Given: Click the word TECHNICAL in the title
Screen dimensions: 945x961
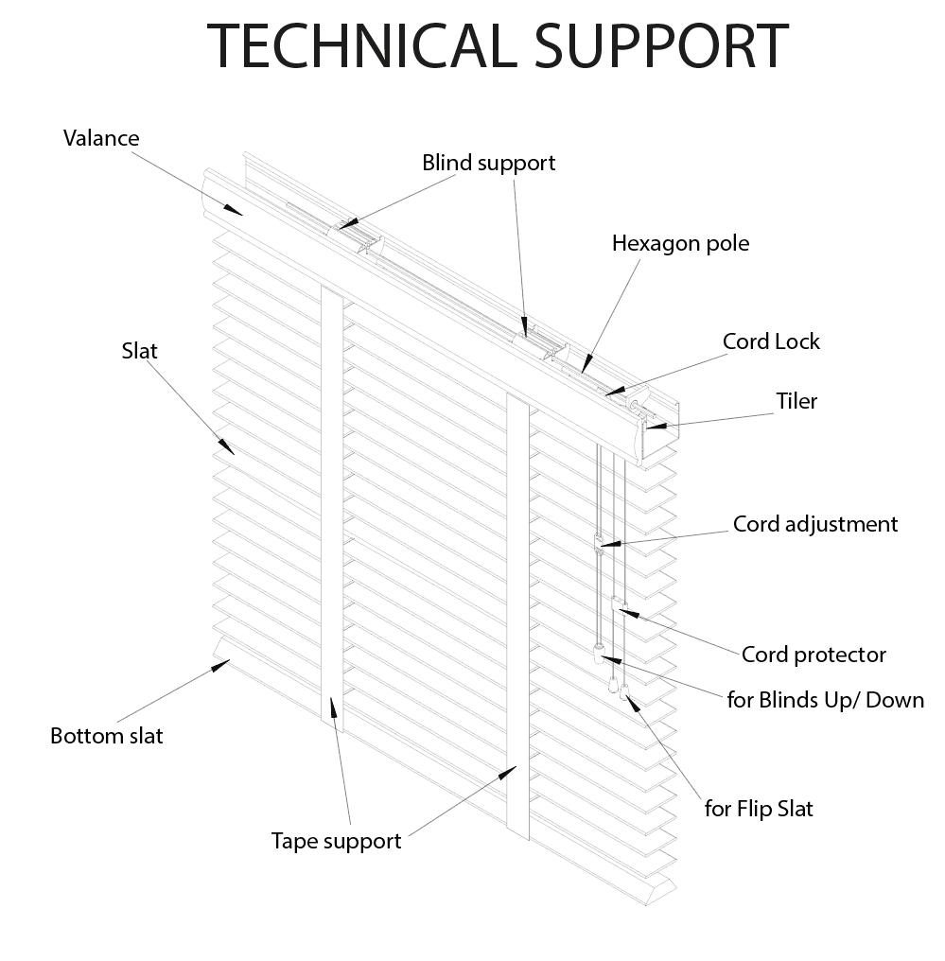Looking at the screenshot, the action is pos(362,46).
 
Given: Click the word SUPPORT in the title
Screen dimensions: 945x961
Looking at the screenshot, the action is pos(662,46).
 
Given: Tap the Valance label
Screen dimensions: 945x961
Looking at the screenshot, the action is pos(101,138).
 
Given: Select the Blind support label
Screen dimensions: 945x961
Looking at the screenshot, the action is pos(488,164).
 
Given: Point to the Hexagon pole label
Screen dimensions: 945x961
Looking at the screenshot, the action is pos(680,244).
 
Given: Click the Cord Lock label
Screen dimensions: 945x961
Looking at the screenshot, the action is pos(771,341).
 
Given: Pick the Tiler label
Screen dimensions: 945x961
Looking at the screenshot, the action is pos(796,401).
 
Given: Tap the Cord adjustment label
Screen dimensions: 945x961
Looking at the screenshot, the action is pos(815,525).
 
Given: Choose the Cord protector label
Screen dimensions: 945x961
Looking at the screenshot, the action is pos(814,655).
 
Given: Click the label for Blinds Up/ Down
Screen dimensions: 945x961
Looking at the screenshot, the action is pos(826,700).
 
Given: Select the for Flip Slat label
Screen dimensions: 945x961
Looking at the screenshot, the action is pos(759,809).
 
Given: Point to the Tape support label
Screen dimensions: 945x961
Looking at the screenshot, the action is pos(336,842).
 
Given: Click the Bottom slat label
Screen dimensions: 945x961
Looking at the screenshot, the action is pos(107,736).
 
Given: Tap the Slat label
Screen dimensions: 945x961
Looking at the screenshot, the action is pos(139,351).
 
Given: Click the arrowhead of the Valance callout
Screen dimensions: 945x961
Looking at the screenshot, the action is pos(234,210).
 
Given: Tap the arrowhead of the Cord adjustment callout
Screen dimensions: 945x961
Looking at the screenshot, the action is pos(610,544).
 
